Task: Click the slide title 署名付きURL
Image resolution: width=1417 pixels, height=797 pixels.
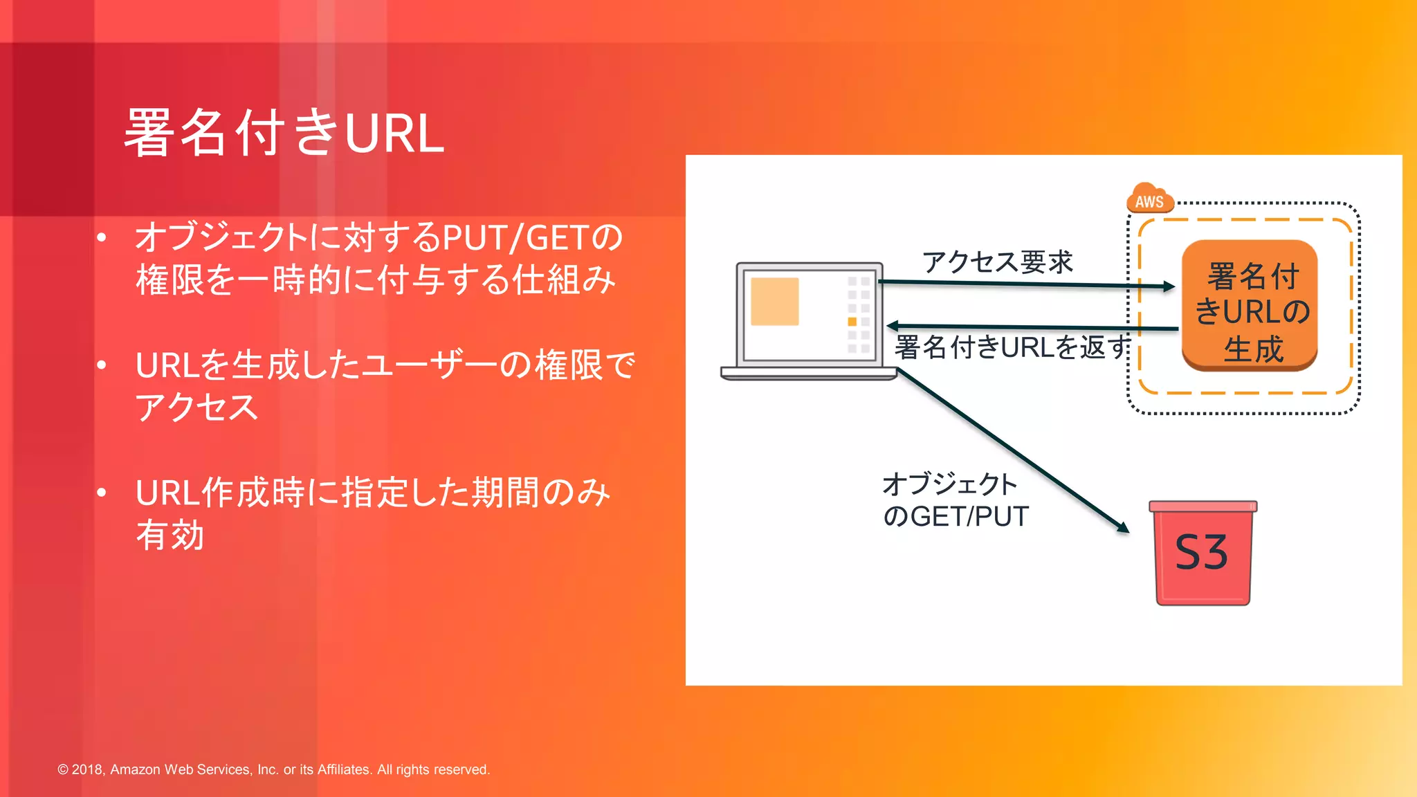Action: [284, 133]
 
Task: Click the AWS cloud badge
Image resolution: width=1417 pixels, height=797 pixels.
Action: [1149, 199]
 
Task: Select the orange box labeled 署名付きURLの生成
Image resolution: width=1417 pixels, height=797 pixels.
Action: [1250, 306]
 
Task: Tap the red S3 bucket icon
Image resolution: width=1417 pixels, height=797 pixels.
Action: [1203, 553]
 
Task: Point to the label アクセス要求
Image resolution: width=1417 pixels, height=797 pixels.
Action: [997, 262]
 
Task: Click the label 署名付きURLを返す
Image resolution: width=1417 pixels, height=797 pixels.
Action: [1011, 347]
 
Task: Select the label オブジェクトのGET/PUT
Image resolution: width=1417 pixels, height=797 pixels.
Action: [955, 500]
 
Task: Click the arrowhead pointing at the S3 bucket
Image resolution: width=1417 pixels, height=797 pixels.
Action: [1123, 527]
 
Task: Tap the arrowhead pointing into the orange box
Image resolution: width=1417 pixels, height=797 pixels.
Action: [1169, 286]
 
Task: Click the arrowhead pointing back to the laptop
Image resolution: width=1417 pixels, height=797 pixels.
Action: [893, 325]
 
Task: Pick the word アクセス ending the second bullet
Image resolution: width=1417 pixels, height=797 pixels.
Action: [196, 407]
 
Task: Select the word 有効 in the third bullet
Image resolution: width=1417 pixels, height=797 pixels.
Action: [170, 535]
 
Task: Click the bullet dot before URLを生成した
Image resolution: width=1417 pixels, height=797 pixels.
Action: [102, 365]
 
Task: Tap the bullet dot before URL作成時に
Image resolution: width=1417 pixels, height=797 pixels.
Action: [102, 493]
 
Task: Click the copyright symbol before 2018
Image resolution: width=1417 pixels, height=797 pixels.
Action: [63, 769]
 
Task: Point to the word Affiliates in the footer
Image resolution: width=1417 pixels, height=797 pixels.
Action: [344, 769]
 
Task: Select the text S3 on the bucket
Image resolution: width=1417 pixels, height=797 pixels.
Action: [1201, 553]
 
